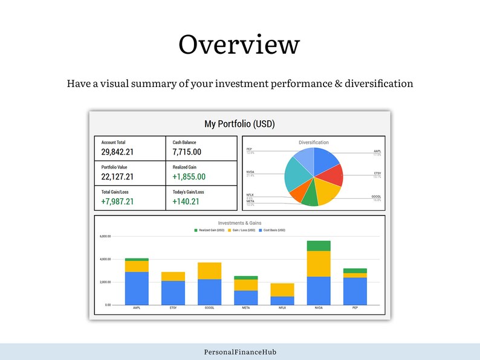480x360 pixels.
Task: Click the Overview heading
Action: (239, 45)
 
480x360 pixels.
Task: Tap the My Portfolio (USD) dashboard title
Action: (239, 124)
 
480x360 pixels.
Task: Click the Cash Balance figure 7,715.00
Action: (187, 152)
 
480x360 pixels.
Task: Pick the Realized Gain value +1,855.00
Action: (189, 177)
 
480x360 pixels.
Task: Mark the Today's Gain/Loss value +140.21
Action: (186, 201)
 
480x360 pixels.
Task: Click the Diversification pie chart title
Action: (314, 143)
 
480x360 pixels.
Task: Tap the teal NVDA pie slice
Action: (296, 176)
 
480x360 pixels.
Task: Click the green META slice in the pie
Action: (309, 198)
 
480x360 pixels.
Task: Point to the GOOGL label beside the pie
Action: (376, 196)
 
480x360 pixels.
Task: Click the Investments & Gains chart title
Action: (240, 223)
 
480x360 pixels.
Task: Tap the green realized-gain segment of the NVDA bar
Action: (319, 245)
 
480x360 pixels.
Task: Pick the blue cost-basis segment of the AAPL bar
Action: (137, 288)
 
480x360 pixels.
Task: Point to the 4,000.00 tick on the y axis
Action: (106, 259)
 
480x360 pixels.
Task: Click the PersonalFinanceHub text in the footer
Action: (240, 352)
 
